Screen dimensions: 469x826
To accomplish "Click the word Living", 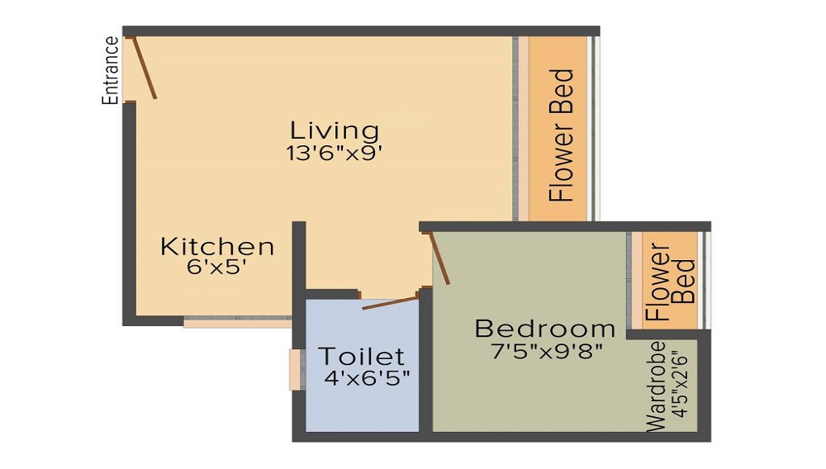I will coord(335,130).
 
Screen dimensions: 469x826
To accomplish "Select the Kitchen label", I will coord(217,246).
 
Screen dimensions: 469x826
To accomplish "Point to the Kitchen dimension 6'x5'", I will coord(217,267).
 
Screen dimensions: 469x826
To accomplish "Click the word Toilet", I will coord(362,357).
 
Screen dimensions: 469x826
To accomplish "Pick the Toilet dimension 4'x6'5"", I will coord(368,378).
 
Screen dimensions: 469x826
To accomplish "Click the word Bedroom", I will coord(545,328).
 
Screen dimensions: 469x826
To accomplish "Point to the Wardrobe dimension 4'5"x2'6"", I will coord(681,385).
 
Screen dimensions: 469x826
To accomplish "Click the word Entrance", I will coord(109,70).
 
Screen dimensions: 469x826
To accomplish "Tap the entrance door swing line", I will coord(145,66).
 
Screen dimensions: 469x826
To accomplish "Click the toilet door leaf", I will coord(389,301).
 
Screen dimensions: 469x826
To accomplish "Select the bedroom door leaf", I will coord(439,258).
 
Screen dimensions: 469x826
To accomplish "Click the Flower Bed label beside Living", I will coord(561,135).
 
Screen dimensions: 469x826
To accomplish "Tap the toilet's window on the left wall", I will coord(295,369).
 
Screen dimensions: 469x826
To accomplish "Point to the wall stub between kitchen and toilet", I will coord(299,256).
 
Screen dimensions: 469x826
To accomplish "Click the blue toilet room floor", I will coord(363,405).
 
